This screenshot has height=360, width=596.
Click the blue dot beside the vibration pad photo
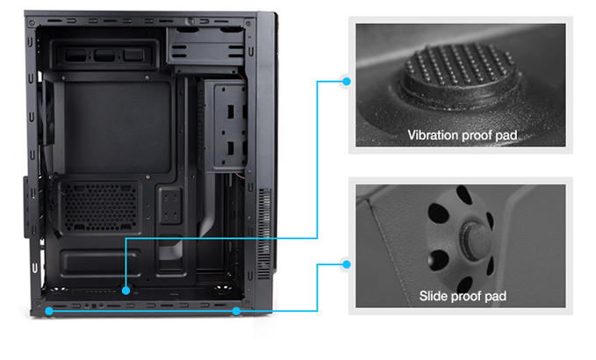tap(346, 82)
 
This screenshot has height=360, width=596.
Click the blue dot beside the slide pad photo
tap(346, 264)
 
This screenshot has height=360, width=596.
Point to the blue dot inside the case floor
tap(126, 291)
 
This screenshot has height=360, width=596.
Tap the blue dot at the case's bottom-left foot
tap(49, 311)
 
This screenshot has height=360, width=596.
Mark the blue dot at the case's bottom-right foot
tap(236, 311)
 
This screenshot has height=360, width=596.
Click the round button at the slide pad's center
tap(475, 241)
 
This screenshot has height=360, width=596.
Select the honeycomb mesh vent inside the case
tap(100, 206)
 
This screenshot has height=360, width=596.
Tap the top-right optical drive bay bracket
tap(205, 49)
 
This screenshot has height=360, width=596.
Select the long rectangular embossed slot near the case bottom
tap(100, 262)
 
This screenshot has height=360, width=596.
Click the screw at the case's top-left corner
tap(32, 24)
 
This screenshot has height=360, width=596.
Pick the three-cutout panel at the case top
tap(104, 55)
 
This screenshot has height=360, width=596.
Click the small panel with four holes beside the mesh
tap(170, 205)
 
